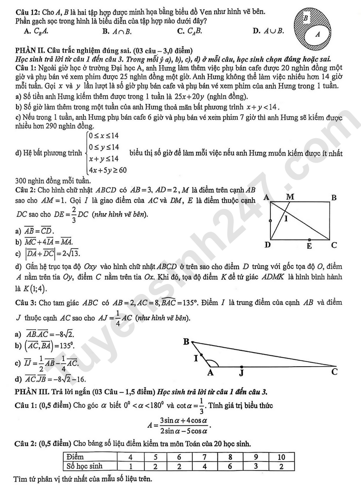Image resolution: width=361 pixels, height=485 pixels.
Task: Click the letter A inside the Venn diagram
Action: point(317,33)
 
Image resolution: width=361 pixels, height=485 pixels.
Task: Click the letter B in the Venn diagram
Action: point(305,18)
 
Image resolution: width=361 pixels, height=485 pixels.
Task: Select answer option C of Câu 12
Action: point(189,31)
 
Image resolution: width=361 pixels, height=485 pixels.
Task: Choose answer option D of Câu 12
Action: point(268,31)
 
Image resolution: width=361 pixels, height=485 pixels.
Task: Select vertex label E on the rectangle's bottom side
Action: point(309,246)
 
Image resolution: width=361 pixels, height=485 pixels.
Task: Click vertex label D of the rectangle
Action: point(268,245)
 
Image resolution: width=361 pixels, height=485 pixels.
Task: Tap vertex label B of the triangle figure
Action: point(186,342)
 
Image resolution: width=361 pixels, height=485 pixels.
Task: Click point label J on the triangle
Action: point(242,373)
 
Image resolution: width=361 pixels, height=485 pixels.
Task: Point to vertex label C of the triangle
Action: point(334,372)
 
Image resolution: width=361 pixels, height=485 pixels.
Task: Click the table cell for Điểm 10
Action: point(280,457)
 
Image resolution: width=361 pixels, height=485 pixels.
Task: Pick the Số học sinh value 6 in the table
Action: point(230,466)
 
